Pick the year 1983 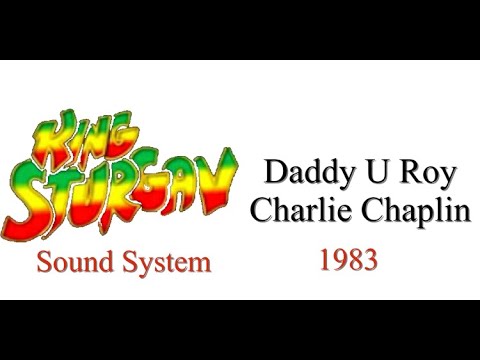tap(348, 261)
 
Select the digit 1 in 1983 tap(326, 261)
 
